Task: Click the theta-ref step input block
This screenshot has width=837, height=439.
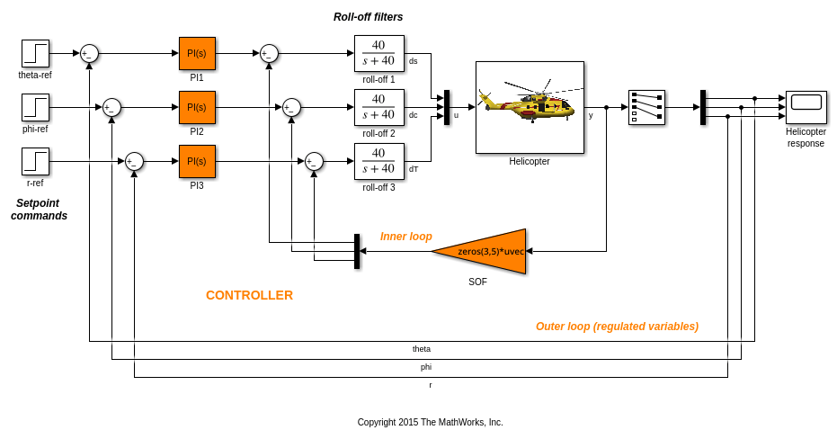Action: (35, 53)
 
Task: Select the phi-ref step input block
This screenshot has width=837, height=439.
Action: (35, 107)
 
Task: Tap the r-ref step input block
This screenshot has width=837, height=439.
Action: (35, 161)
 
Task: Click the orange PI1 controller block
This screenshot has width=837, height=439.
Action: (197, 53)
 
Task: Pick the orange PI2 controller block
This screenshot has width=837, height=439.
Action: (197, 107)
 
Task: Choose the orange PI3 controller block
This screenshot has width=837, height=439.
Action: (197, 161)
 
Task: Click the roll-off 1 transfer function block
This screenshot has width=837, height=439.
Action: (378, 53)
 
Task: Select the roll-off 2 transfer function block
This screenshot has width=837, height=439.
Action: (378, 107)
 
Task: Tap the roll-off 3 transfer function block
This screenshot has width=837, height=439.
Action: (378, 161)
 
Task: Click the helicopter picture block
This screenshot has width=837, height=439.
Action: (530, 107)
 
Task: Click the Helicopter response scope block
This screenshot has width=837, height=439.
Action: (806, 107)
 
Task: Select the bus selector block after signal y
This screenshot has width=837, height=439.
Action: (646, 107)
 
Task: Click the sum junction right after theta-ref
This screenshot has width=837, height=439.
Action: (89, 53)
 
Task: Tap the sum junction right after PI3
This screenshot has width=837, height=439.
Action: (314, 161)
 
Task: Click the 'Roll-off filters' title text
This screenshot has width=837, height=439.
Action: (368, 17)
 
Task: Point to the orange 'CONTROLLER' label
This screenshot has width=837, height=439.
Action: (249, 295)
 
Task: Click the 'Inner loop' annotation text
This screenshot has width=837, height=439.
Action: (405, 237)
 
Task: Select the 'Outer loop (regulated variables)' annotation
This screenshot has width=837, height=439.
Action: (617, 327)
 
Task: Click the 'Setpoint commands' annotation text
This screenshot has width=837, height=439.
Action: (39, 210)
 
